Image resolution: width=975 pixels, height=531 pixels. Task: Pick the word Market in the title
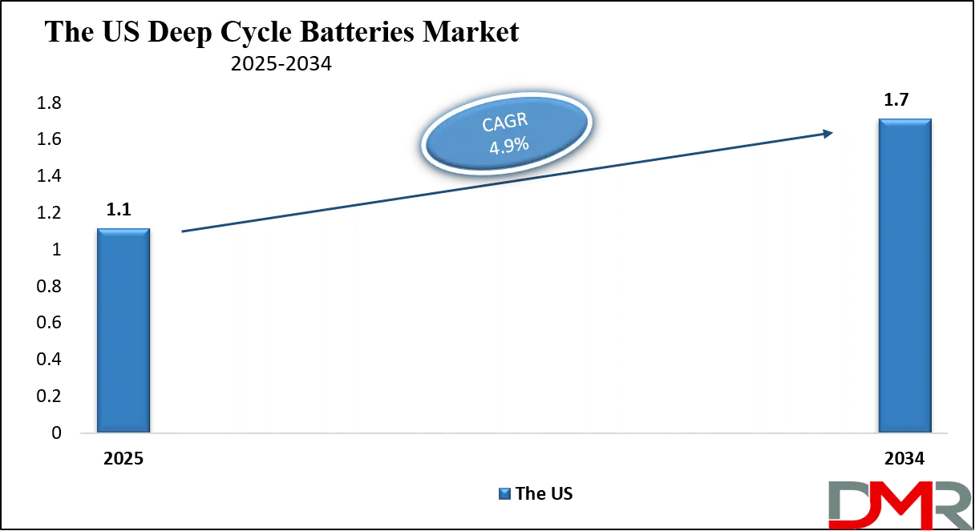coord(475,33)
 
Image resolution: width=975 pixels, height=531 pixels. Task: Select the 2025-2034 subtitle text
coord(281,65)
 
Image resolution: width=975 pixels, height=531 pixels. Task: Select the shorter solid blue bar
coord(123,330)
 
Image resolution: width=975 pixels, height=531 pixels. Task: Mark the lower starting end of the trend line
coord(184,232)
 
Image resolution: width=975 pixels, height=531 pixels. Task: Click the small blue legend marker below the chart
coord(503,493)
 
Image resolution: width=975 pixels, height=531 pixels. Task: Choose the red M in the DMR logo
coord(894,506)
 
